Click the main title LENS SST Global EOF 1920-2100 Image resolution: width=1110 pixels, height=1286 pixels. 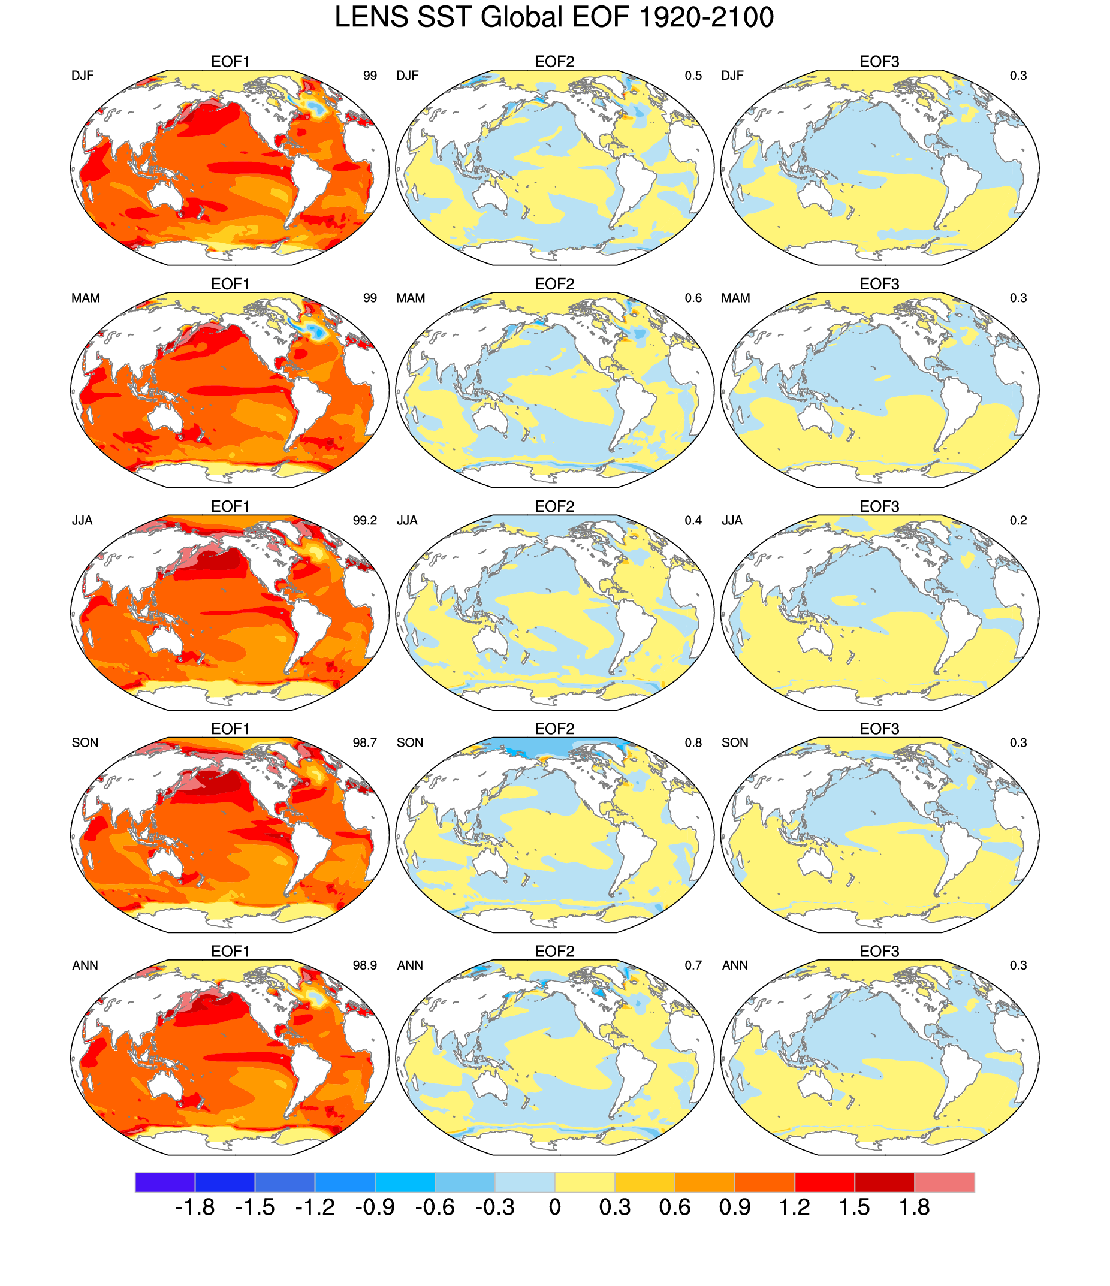point(554,17)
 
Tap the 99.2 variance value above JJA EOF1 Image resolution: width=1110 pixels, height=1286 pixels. point(364,521)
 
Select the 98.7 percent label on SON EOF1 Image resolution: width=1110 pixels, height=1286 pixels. point(364,743)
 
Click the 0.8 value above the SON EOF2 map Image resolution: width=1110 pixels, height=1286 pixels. point(693,743)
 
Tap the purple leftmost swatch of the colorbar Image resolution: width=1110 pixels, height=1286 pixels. point(164,1182)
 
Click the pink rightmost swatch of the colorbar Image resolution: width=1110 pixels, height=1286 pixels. point(943,1182)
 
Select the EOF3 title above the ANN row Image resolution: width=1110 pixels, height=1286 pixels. point(879,952)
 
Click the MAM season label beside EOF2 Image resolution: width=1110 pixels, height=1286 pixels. point(411,298)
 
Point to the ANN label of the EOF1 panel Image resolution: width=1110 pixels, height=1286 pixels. point(85,966)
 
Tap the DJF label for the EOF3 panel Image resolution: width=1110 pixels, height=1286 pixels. point(732,76)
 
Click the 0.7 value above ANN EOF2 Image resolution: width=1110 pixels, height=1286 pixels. point(693,966)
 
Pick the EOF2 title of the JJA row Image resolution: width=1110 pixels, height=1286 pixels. point(554,506)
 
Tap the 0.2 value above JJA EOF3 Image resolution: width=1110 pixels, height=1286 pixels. point(1018,521)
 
